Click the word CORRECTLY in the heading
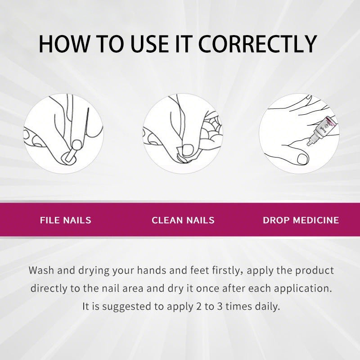coord(257,44)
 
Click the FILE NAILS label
coord(66,220)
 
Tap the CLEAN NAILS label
coord(183,220)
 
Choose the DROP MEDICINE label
coord(301,220)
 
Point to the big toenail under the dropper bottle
coord(302,159)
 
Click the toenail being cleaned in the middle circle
coord(188,150)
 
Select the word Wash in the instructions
coord(41,270)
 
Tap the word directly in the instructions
coord(49,288)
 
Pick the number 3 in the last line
coord(220,306)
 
